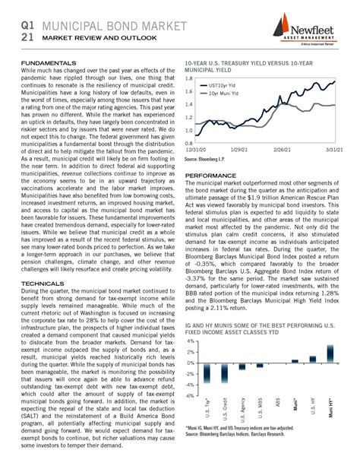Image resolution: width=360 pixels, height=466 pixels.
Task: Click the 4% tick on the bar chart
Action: (x=191, y=342)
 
